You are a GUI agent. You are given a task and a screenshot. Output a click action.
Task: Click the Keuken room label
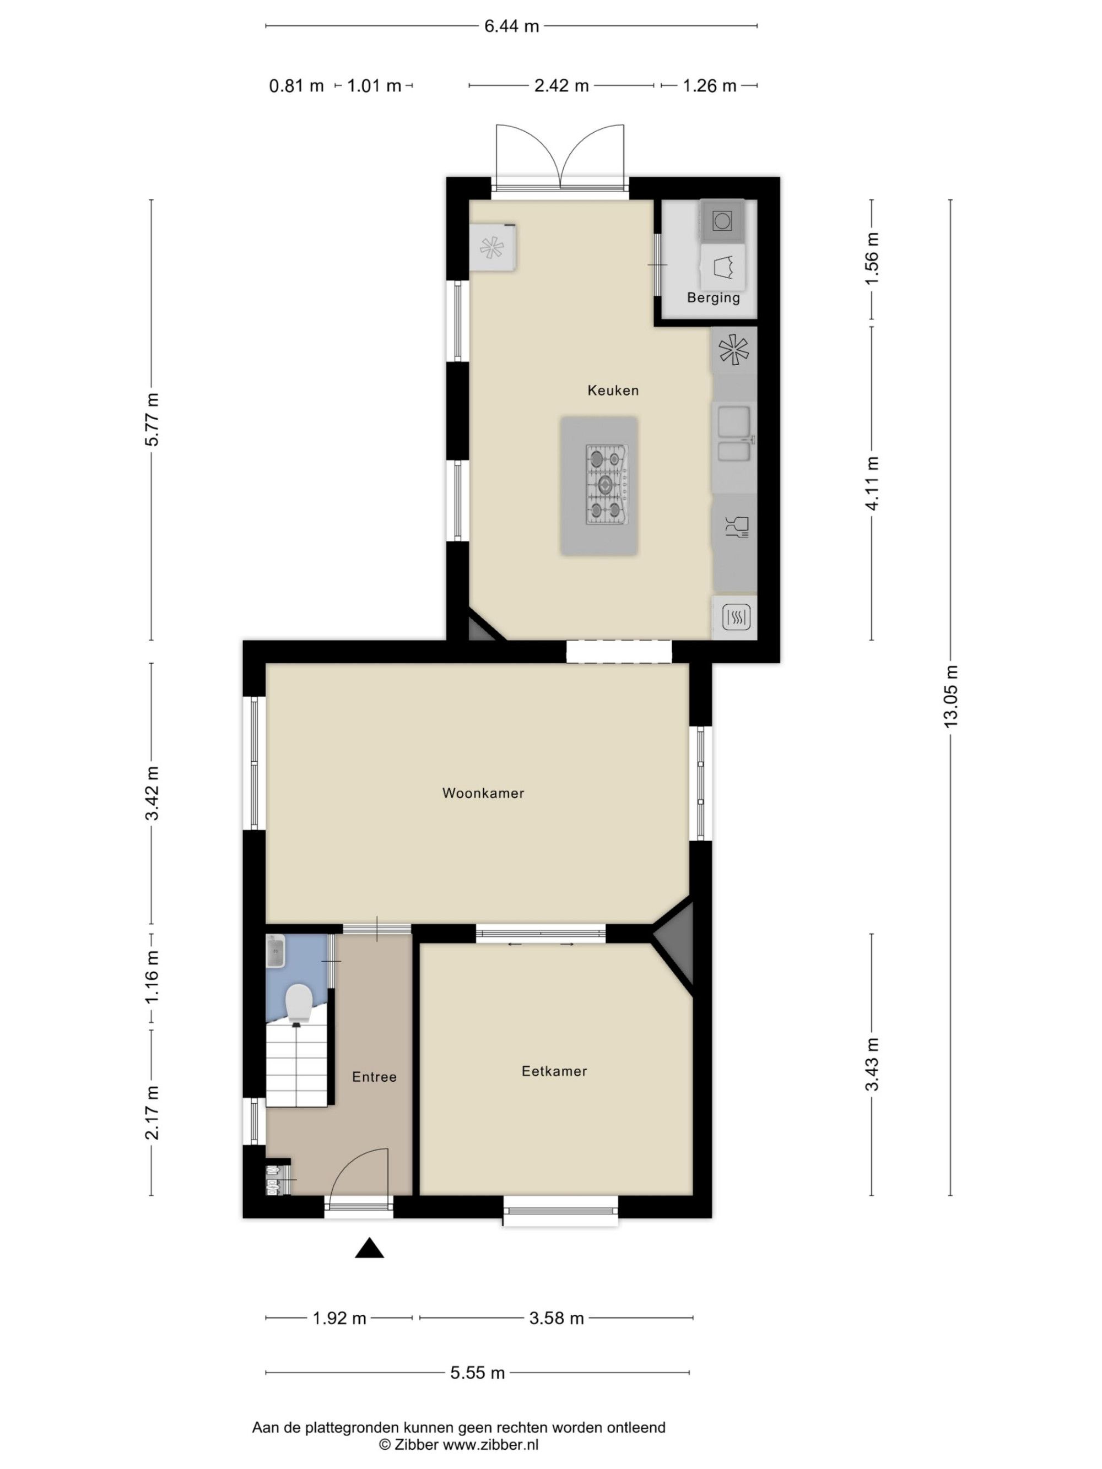click(613, 391)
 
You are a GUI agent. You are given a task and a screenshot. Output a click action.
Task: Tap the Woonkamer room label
click(483, 793)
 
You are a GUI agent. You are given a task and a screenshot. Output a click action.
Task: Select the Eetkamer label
click(554, 1071)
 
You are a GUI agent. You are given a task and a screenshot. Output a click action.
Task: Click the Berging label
click(714, 297)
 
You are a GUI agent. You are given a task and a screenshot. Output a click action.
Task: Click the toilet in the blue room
click(298, 1004)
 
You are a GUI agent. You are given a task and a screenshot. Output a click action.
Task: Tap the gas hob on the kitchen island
click(607, 484)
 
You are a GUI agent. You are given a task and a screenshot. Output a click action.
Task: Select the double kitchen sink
click(733, 433)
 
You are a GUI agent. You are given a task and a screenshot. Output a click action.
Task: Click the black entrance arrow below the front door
click(369, 1248)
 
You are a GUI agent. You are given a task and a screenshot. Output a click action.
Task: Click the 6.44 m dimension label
click(511, 26)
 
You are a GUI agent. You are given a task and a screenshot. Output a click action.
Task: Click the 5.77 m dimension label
click(152, 420)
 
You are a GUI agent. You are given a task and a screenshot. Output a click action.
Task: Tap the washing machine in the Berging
click(721, 220)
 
